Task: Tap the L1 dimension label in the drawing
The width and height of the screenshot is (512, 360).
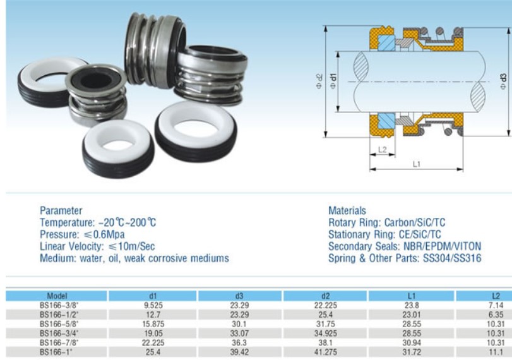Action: [417, 163]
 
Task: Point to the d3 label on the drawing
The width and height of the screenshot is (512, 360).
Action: [503, 80]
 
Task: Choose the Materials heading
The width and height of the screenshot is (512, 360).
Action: [347, 210]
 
